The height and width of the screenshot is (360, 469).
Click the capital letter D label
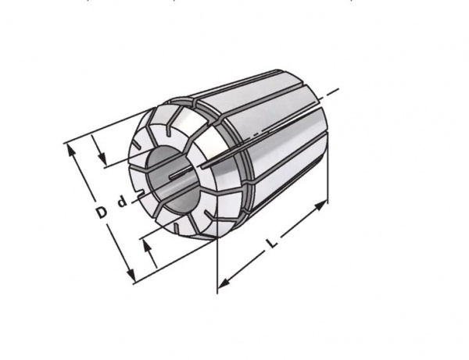click(x=102, y=212)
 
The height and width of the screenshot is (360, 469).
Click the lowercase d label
click(x=122, y=201)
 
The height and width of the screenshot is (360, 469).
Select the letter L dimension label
click(x=272, y=244)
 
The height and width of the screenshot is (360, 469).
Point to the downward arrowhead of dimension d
click(x=102, y=158)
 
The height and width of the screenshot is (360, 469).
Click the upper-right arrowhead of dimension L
click(x=320, y=205)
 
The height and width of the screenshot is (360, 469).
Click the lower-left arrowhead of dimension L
click(x=224, y=283)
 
